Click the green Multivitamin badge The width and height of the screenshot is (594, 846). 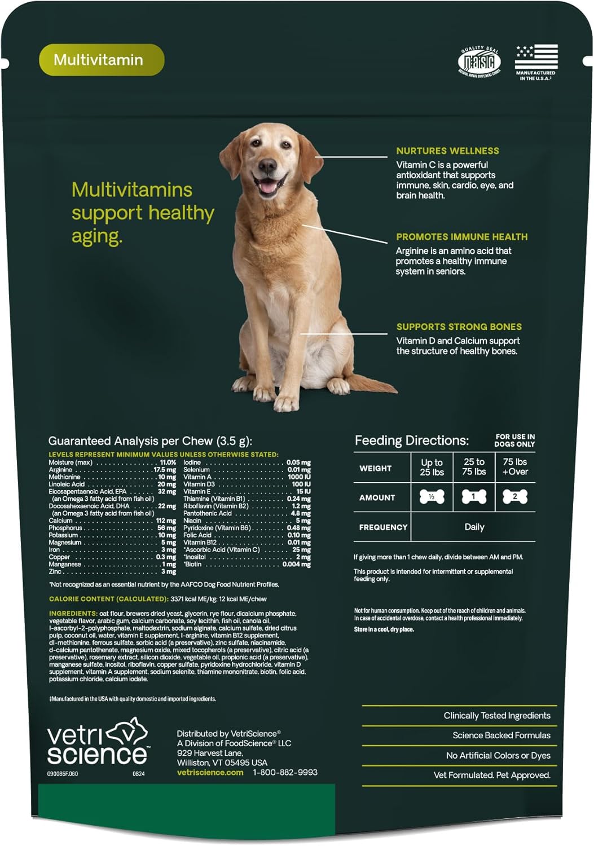[102, 60]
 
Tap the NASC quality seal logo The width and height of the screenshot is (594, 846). [479, 61]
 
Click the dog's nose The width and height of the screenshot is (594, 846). [267, 166]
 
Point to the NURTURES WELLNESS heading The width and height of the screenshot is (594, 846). [447, 151]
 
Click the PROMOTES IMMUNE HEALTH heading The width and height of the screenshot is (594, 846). [461, 237]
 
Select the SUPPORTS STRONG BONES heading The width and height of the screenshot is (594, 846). [459, 327]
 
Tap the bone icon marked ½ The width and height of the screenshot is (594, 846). [432, 497]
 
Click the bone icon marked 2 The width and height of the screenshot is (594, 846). [514, 497]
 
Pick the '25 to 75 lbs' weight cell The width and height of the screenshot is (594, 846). [474, 467]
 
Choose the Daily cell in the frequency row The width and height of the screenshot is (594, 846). [474, 527]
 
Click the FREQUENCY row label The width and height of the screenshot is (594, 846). [383, 527]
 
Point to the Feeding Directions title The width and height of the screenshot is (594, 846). [411, 440]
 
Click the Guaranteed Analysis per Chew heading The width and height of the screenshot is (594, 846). [150, 441]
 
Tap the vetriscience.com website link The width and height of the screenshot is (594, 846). [210, 773]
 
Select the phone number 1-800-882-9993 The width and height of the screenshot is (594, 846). [285, 773]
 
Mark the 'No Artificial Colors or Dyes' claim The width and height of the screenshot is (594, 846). [498, 756]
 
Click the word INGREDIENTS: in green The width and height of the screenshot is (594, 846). [73, 614]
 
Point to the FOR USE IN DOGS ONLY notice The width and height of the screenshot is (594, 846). [515, 440]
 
